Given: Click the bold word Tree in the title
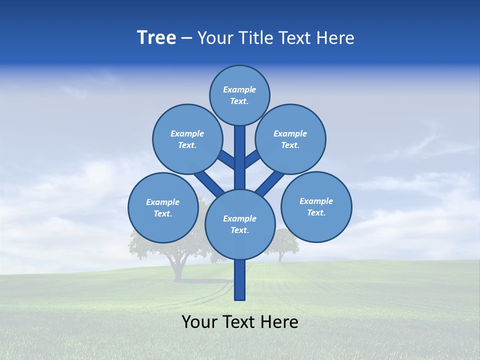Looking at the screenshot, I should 156,38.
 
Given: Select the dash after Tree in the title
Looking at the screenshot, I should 187,38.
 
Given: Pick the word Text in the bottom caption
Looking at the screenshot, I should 239,322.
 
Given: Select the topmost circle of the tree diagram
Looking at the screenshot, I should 239,95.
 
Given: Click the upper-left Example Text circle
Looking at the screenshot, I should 187,139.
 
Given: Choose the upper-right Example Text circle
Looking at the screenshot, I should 290,139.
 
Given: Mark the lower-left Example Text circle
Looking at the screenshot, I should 163,207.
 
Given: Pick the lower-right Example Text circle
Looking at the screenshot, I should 316,206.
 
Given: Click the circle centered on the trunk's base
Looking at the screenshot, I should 239,224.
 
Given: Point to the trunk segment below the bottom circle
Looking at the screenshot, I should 240,280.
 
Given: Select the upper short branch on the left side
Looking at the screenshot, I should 226,159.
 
